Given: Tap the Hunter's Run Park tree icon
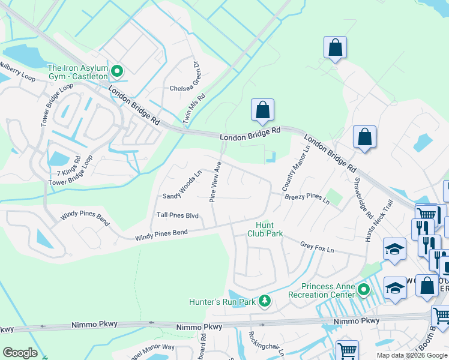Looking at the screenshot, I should pyautogui.click(x=264, y=301).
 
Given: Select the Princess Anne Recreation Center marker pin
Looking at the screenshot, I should pyautogui.click(x=364, y=290).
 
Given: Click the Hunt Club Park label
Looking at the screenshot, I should pyautogui.click(x=265, y=229).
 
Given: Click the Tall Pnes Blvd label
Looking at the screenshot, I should pyautogui.click(x=177, y=215).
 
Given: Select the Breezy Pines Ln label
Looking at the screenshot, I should pyautogui.click(x=307, y=197).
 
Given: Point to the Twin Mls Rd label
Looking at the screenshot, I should pyautogui.click(x=194, y=109).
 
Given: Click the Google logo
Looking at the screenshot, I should pyautogui.click(x=20, y=353).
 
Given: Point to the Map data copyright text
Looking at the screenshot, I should pyautogui.click(x=412, y=355).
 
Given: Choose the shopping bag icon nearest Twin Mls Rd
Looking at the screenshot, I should pyautogui.click(x=262, y=110).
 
